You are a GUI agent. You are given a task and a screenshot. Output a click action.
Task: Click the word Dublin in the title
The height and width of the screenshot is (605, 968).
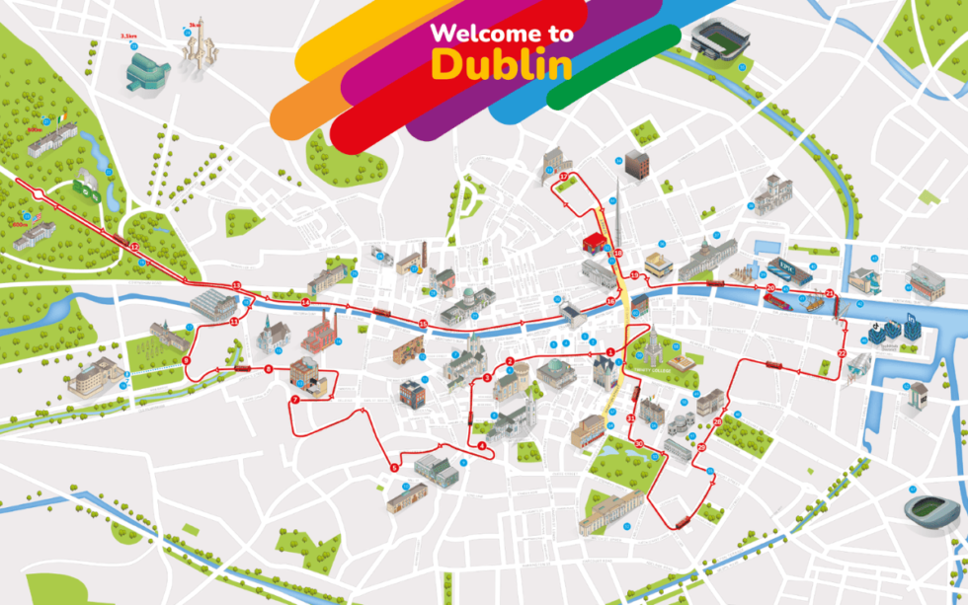pos(502,65)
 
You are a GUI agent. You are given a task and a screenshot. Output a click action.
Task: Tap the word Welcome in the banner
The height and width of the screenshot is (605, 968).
pos(470,33)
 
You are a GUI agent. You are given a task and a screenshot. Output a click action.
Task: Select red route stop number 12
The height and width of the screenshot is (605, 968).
pos(134,246)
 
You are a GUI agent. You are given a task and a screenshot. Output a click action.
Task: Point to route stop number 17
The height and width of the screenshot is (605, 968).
pos(563,178)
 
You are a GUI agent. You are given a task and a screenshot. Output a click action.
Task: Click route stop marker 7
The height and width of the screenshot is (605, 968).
pos(294,400)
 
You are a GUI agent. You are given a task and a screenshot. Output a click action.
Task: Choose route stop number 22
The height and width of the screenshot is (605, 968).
pos(842,352)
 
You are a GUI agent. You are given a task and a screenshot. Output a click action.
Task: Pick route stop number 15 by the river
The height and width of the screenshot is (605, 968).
pos(423,324)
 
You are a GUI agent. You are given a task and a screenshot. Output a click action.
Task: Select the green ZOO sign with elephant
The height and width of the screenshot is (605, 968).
pos(87,186)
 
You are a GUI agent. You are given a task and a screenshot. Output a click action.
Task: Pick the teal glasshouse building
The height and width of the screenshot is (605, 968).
pos(146,70)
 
